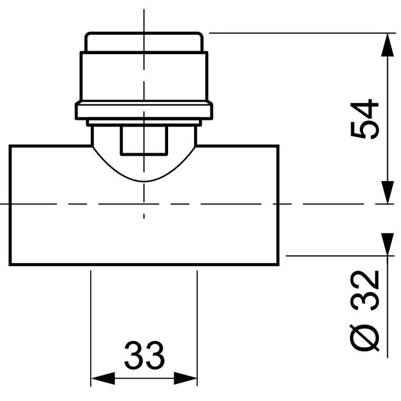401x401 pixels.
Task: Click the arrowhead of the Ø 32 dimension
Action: click(x=387, y=243)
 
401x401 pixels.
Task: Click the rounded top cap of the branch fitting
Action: click(x=144, y=42)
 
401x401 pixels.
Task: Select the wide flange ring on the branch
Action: click(x=144, y=111)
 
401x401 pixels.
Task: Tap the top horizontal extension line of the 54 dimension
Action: click(x=295, y=33)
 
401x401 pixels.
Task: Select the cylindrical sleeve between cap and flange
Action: click(x=144, y=77)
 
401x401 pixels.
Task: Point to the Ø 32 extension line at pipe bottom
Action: click(x=336, y=256)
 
